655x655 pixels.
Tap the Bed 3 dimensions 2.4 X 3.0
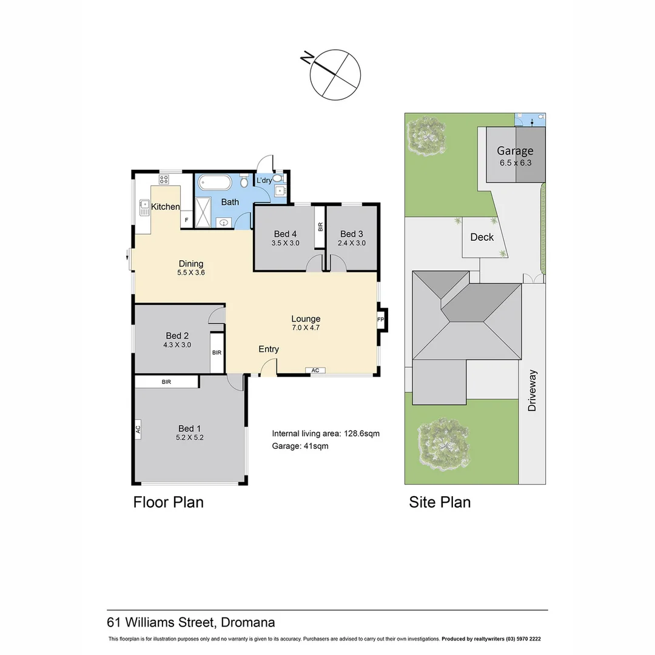pos(352,243)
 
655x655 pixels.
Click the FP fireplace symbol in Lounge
pos(381,319)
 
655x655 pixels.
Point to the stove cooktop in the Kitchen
pos(164,179)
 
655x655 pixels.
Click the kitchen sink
pos(144,207)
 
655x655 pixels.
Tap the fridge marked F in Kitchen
pos(186,220)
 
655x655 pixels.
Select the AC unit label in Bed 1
pos(138,429)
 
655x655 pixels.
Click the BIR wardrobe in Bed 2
pos(217,352)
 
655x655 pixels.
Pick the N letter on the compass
pos(307,58)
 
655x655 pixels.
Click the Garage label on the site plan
pos(515,151)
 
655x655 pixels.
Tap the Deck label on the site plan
pos(482,237)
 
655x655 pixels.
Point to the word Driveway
pos(532,391)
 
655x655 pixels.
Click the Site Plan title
pos(440,502)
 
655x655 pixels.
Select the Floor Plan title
pos(168,502)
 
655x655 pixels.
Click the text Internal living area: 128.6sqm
pos(326,434)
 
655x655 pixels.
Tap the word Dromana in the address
pos(248,622)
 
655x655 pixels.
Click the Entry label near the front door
pos(269,349)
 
